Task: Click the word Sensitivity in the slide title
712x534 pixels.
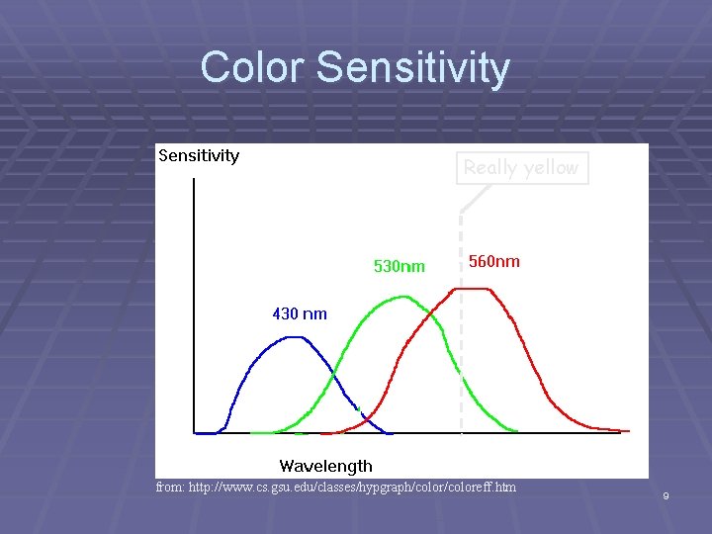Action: click(x=414, y=68)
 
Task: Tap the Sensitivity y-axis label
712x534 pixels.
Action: click(x=199, y=155)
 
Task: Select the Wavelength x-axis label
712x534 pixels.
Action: click(x=325, y=466)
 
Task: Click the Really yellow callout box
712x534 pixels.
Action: click(x=521, y=167)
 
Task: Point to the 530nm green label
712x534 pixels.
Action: click(x=399, y=266)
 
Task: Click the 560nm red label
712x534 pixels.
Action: click(x=493, y=261)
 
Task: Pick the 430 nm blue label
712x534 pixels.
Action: click(x=299, y=313)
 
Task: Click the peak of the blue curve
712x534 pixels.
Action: click(x=293, y=337)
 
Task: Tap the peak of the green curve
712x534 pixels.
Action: click(x=399, y=296)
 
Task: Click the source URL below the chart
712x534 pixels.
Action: click(x=370, y=488)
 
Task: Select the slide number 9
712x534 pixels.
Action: click(x=666, y=495)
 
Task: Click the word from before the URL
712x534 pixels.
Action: click(x=169, y=488)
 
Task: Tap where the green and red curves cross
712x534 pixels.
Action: click(x=432, y=317)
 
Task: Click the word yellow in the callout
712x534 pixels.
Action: click(x=549, y=167)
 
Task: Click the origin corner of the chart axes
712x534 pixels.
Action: click(x=195, y=433)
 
